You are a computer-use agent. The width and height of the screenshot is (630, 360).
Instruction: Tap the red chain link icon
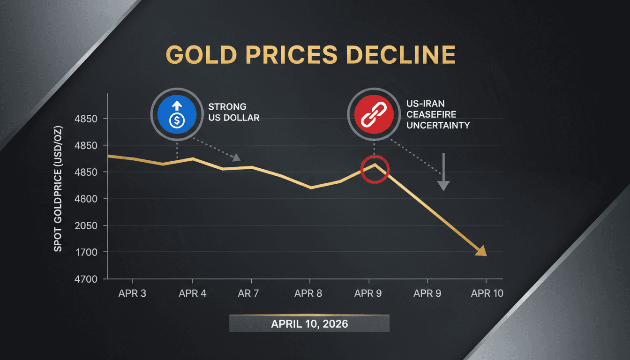pos(374,115)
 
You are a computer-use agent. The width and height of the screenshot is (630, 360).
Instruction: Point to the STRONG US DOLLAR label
pos(234,112)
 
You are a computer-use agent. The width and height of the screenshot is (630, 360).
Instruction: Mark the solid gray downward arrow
pos(443,172)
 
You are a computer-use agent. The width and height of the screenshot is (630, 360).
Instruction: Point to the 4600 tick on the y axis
pos(86,199)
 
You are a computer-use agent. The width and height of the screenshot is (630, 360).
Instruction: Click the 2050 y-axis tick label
pos(86,225)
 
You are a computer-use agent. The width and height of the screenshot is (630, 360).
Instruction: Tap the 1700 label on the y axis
pos(86,252)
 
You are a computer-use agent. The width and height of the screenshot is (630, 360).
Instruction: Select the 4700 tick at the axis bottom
pos(86,279)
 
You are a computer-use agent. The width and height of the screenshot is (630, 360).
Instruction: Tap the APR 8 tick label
pos(308,293)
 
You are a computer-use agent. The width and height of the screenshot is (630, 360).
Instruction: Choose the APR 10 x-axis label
pos(487,293)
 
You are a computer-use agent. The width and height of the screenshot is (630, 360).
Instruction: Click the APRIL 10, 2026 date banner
pos(309,323)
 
